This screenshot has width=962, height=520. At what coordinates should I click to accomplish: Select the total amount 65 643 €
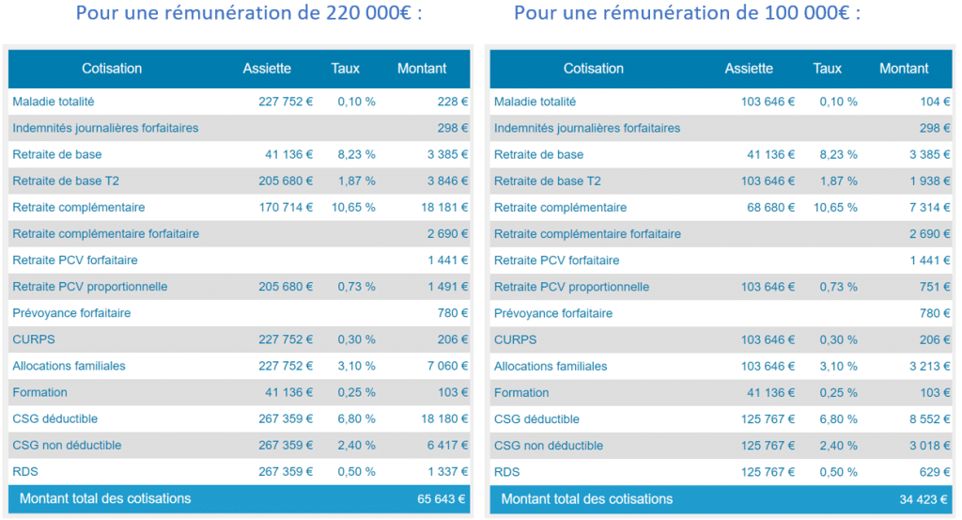coord(442,499)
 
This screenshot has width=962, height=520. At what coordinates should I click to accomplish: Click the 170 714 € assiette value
coord(286,207)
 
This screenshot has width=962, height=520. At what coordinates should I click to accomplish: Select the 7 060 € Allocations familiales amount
coord(444,366)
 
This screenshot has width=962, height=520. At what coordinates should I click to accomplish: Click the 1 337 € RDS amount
coord(444,471)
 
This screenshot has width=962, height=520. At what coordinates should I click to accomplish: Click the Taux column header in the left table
coord(346,69)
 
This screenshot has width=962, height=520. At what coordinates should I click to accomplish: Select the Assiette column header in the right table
coord(749,69)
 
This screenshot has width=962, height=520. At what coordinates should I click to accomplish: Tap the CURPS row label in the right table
coord(515,339)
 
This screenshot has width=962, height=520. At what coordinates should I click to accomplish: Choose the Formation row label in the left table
coord(39,392)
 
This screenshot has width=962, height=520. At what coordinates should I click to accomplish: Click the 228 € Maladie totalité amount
coord(452,102)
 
